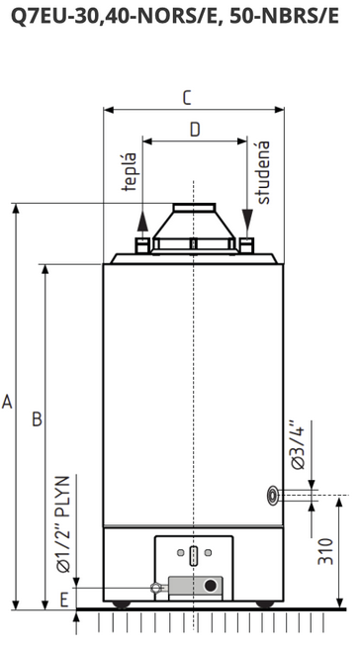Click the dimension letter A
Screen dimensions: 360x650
click(x=7, y=402)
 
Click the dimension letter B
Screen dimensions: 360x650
click(x=38, y=419)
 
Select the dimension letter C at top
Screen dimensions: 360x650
click(x=187, y=98)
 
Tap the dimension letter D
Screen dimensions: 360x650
click(x=195, y=130)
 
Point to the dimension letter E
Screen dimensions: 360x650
click(x=64, y=600)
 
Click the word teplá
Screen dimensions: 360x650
click(x=130, y=171)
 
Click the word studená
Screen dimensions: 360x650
click(x=263, y=172)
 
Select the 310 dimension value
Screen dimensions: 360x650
click(x=325, y=551)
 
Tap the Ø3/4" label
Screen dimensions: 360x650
click(x=298, y=445)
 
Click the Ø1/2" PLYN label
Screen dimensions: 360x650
click(x=63, y=524)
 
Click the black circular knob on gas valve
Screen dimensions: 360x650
click(x=211, y=586)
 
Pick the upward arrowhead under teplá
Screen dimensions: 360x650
click(x=142, y=221)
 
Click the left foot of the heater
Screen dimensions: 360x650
click(x=122, y=604)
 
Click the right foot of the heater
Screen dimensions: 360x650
click(x=265, y=604)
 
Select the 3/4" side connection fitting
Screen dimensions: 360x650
click(x=273, y=496)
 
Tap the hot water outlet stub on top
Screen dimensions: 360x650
click(x=142, y=245)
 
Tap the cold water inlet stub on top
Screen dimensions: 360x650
click(x=246, y=245)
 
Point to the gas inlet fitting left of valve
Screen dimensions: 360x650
click(x=155, y=588)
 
